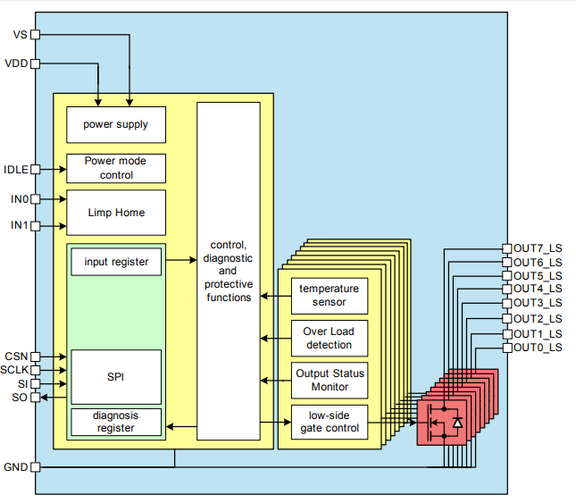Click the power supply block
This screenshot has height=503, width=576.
(116, 125)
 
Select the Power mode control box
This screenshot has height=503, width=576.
(116, 168)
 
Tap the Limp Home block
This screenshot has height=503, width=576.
(116, 213)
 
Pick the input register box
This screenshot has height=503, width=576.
(116, 262)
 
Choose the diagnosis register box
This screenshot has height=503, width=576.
(116, 422)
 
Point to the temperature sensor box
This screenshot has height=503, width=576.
(329, 296)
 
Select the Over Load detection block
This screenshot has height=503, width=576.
(329, 339)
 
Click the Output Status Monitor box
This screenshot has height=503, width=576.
(329, 381)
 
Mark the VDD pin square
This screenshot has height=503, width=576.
(36, 63)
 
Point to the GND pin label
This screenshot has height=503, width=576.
(16, 467)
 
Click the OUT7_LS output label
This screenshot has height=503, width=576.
(538, 247)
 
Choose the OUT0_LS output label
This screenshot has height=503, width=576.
(538, 348)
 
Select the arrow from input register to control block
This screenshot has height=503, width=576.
(179, 261)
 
